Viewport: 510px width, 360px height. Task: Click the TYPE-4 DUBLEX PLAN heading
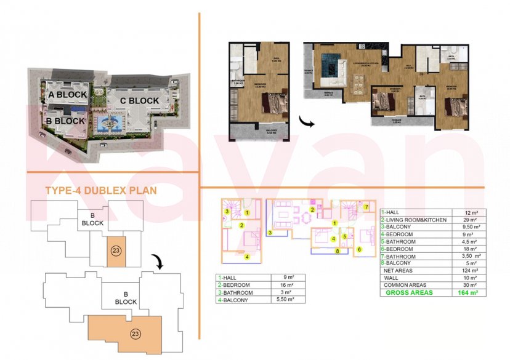point(101,191)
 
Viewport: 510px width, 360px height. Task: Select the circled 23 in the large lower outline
point(135,333)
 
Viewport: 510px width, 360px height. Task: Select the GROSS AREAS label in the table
point(409,293)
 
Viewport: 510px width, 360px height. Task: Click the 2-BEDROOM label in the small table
point(237,285)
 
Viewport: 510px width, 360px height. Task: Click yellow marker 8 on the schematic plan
point(337,251)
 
